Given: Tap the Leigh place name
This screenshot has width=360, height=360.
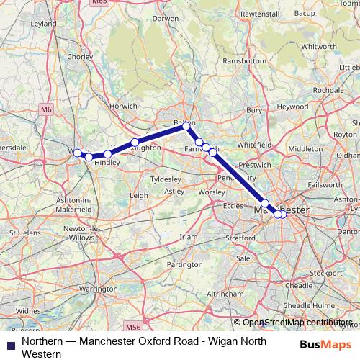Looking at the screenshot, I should coord(138,194).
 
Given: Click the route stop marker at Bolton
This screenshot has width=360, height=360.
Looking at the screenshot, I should coord(186,126).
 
